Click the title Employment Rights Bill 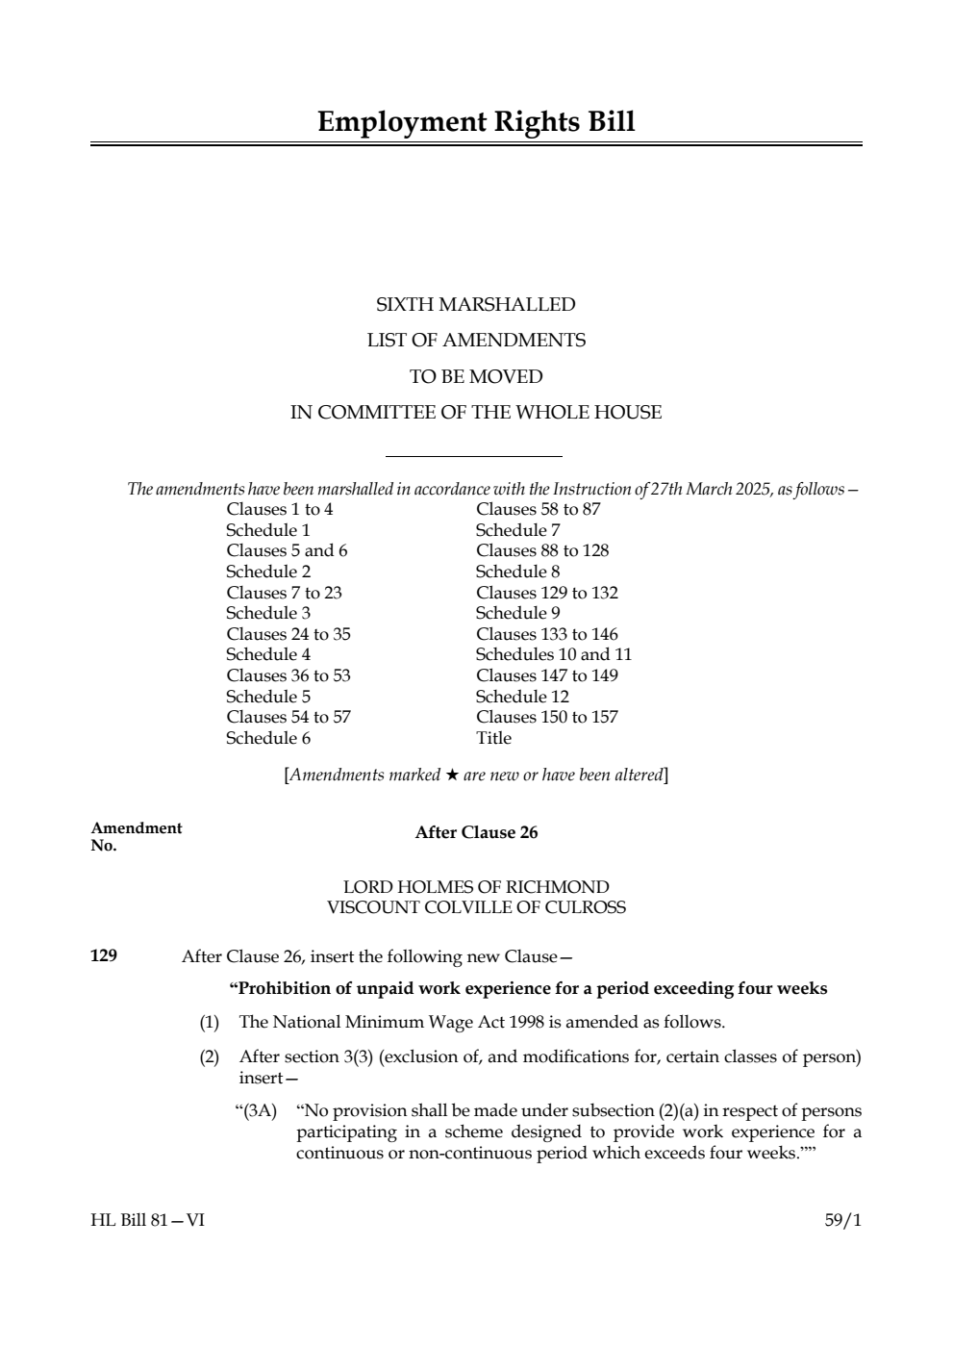(x=476, y=122)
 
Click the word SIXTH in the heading (x=404, y=305)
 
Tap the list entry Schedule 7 (x=517, y=530)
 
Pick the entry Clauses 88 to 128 (x=542, y=550)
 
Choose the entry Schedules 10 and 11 (x=554, y=654)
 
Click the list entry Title (x=493, y=738)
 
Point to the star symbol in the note (x=451, y=776)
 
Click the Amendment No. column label (x=136, y=836)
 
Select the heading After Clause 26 (x=476, y=833)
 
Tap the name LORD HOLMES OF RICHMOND (x=476, y=886)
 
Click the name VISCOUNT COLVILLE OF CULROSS (x=476, y=906)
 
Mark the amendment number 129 (x=104, y=955)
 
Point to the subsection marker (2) (x=209, y=1056)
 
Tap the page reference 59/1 (x=843, y=1220)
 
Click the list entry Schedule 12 (x=522, y=697)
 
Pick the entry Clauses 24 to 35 (x=288, y=634)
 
